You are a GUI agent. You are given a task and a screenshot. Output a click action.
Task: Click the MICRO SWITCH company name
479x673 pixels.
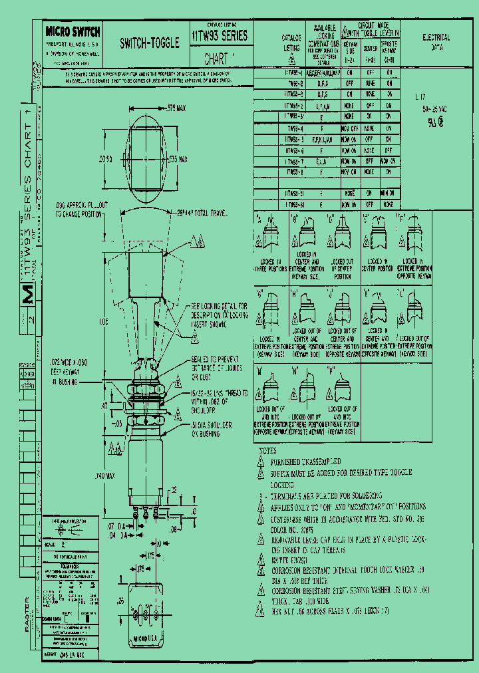(73, 31)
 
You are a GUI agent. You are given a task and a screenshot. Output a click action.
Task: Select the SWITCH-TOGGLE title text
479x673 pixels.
(149, 43)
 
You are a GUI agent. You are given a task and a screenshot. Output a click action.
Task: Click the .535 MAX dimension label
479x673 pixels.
(178, 160)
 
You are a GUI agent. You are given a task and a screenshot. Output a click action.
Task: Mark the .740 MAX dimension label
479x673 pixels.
(106, 475)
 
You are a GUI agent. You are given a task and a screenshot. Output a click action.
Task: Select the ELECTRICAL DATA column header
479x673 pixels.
(436, 43)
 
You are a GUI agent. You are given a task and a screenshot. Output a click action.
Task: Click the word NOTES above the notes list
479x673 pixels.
(267, 451)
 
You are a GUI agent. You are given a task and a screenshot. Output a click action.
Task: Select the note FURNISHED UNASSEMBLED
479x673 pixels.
(305, 461)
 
